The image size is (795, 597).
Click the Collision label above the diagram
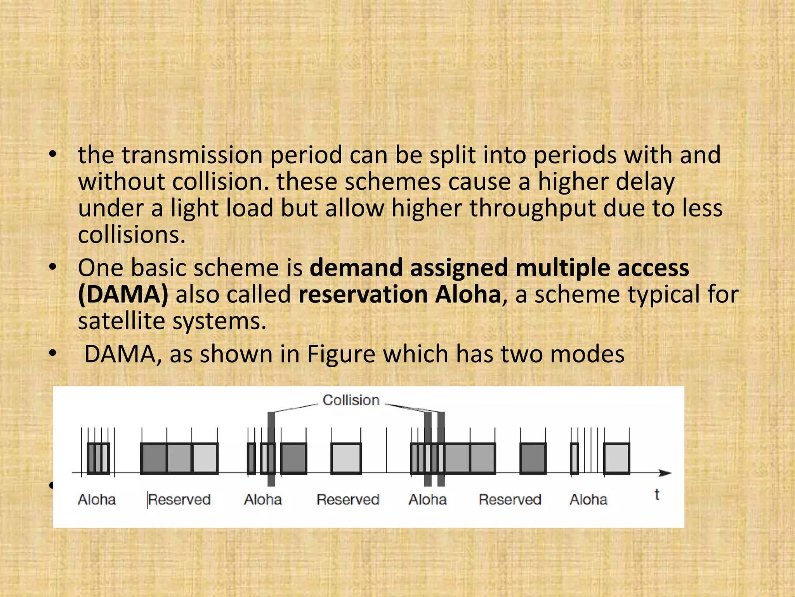coord(351,400)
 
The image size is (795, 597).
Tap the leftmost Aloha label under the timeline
coord(97,499)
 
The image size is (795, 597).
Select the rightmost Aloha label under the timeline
coord(588,499)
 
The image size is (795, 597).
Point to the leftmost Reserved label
coord(179,499)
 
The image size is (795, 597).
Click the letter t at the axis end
coord(657,495)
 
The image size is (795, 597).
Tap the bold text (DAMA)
coord(123,294)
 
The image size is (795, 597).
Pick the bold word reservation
coord(363,294)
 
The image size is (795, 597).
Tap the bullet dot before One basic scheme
coord(53,267)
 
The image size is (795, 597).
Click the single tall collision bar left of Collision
coord(271,449)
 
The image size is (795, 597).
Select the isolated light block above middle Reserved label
coord(346,459)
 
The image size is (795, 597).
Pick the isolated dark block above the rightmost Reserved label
coord(533,459)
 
